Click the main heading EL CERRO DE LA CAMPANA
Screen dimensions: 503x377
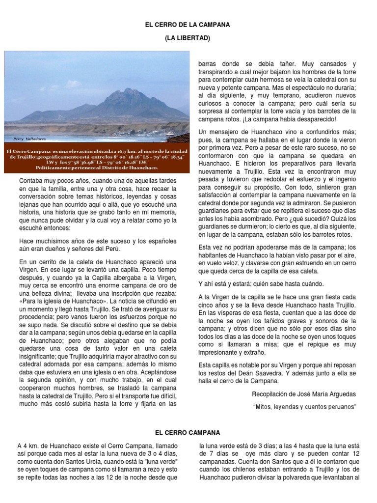pyautogui.click(x=188, y=24)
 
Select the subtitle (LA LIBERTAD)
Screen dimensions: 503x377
pyautogui.click(x=188, y=38)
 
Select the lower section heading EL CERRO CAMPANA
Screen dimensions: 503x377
pyautogui.click(x=188, y=432)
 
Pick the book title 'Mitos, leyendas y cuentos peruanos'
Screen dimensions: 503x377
pyautogui.click(x=304, y=406)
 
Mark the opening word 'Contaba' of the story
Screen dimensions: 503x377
pyautogui.click(x=30, y=181)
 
